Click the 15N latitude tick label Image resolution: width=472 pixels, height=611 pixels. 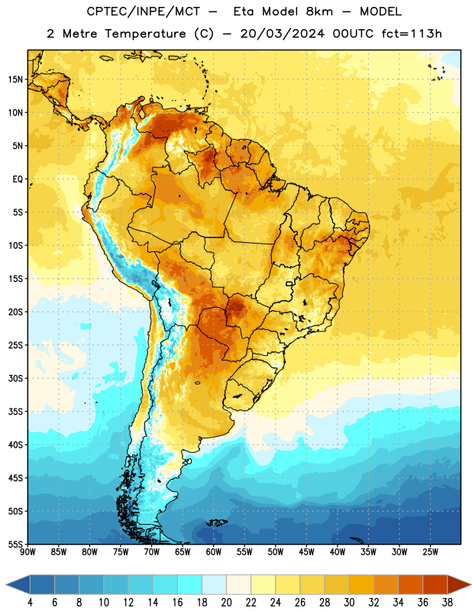(x=15, y=79)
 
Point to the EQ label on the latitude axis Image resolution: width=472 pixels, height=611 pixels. (x=18, y=179)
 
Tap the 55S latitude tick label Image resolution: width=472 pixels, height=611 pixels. (x=15, y=544)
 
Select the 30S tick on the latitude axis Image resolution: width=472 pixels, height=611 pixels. (x=15, y=378)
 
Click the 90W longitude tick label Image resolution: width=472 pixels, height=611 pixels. (x=27, y=552)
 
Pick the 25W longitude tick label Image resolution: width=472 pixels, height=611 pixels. (x=430, y=552)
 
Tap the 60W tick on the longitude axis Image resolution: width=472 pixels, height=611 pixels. (x=213, y=552)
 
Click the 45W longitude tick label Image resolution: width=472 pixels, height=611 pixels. (x=306, y=552)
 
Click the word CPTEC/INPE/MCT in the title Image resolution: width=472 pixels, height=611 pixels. (x=144, y=11)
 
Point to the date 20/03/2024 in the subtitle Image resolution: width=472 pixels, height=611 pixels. (x=282, y=34)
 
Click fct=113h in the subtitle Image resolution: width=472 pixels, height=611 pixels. (x=412, y=34)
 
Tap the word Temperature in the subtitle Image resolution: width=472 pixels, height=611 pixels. (x=145, y=34)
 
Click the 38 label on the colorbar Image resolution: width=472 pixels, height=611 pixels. (x=447, y=603)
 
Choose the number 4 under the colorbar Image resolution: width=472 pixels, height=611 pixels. (x=30, y=603)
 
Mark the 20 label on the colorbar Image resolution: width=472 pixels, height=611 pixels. (x=226, y=603)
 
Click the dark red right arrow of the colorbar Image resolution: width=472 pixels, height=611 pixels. (x=459, y=584)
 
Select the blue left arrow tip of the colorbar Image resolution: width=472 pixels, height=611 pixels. (x=7, y=584)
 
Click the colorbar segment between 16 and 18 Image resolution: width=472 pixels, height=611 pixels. (x=190, y=584)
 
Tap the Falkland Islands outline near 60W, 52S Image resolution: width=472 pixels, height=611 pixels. (x=216, y=522)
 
